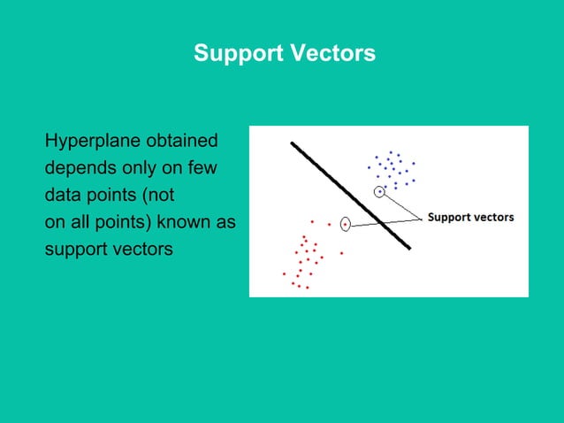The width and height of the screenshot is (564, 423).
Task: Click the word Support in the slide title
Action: pos(236,54)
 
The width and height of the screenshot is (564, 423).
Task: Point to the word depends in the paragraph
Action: pos(79,168)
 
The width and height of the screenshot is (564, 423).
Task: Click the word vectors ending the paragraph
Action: pos(141,248)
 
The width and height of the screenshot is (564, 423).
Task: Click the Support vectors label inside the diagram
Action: pos(470,217)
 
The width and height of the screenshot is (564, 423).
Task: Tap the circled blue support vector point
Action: pos(379,191)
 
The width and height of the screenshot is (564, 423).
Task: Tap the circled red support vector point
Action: pos(345,225)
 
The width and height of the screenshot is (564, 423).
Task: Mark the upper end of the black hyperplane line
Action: pos(293,142)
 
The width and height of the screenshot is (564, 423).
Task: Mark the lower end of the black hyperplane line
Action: pos(408,248)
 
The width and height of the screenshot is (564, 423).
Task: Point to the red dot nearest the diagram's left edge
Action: pos(284,273)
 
